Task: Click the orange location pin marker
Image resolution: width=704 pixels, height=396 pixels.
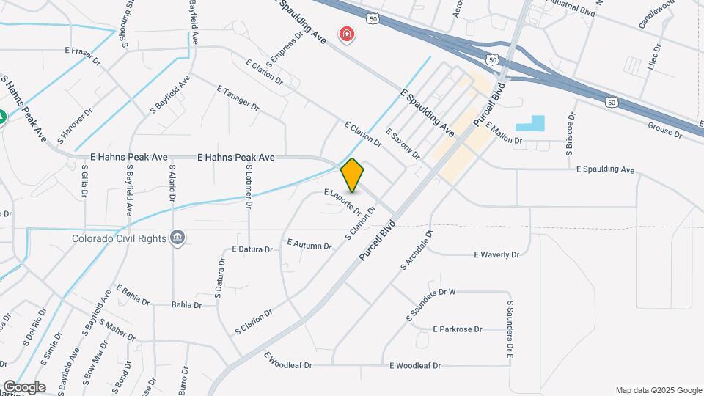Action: [353, 175]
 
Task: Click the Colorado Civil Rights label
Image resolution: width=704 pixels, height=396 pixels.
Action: [119, 238]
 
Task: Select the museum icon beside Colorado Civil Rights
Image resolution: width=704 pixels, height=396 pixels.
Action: [177, 238]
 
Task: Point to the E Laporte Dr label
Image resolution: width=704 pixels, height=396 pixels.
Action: [343, 199]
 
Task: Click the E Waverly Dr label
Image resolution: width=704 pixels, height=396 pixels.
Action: [496, 255]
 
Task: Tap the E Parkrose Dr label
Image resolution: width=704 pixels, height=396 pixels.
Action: [458, 329]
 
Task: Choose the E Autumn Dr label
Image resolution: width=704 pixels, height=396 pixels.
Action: [309, 243]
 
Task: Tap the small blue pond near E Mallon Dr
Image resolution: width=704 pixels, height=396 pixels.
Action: [531, 123]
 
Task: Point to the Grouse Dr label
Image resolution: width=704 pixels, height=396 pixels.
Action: [664, 130]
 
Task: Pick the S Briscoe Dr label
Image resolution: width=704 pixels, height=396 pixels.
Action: [569, 133]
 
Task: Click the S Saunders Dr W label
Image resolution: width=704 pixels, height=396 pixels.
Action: [431, 304]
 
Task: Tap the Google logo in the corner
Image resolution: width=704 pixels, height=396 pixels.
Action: [23, 387]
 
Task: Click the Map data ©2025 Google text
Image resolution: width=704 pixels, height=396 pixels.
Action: [658, 390]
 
